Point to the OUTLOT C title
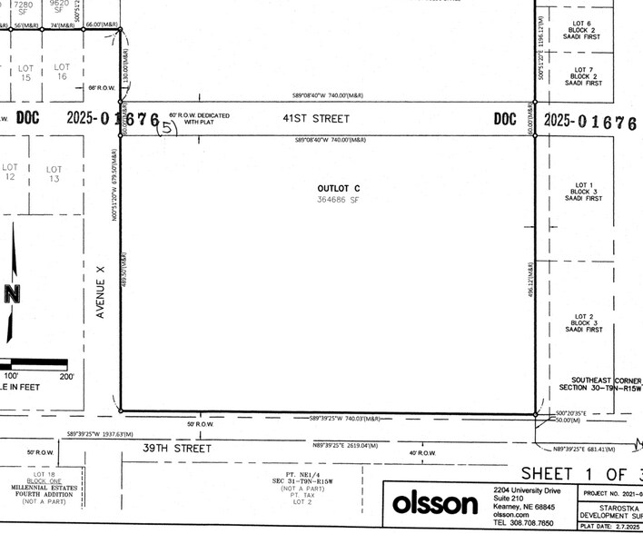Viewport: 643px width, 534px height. [x=333, y=188]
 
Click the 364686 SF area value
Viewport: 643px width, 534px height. [x=333, y=199]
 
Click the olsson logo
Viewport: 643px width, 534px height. [x=434, y=503]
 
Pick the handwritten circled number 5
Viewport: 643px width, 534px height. [x=168, y=128]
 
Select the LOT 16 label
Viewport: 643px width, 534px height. [x=61, y=73]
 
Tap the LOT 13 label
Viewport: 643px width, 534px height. [x=54, y=174]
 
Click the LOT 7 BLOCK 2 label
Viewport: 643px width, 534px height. [x=583, y=76]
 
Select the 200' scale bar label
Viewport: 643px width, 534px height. [x=66, y=376]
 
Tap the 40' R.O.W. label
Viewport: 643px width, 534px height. [x=422, y=453]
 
